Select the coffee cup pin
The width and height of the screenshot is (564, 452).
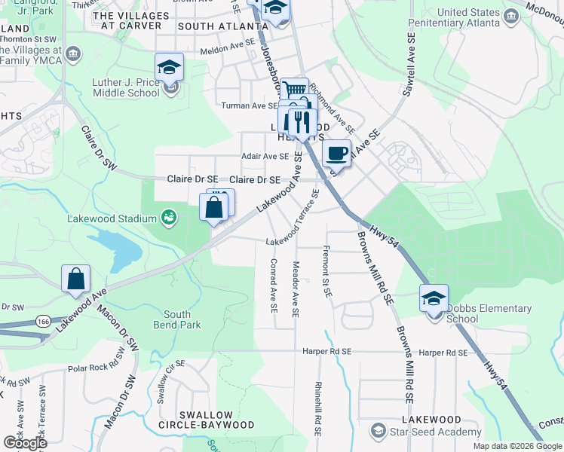[337, 154]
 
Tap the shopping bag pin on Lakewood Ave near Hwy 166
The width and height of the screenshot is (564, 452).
[76, 279]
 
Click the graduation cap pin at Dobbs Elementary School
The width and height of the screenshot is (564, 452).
[434, 299]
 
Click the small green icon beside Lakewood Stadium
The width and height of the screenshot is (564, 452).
[168, 218]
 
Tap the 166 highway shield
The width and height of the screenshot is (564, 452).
[43, 322]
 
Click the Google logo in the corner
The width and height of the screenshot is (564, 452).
[25, 442]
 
